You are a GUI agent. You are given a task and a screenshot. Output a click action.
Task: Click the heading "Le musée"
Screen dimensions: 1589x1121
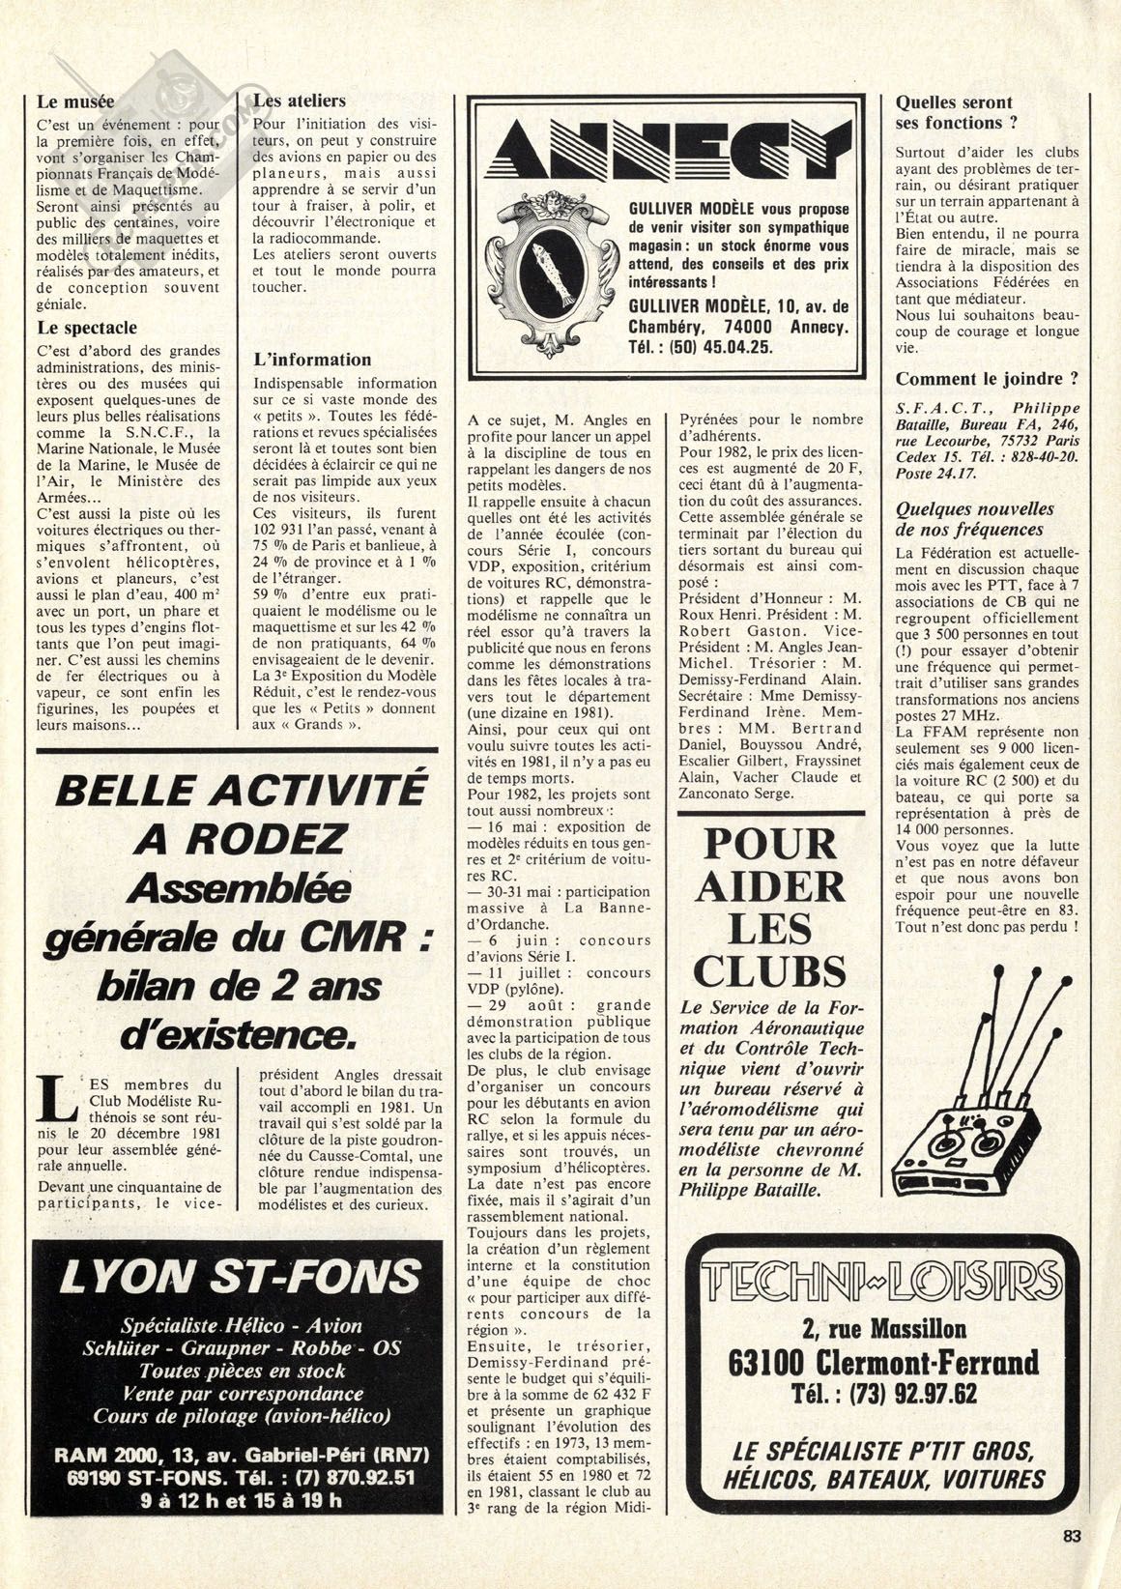pos(75,101)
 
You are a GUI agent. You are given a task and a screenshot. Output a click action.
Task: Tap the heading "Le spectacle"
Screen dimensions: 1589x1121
pos(87,328)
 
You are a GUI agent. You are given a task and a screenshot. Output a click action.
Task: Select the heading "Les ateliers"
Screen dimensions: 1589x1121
pos(299,101)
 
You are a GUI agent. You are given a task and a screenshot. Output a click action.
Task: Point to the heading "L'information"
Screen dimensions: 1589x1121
pos(311,360)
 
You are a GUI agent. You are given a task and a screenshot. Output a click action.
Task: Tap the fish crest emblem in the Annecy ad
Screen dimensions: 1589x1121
pos(547,268)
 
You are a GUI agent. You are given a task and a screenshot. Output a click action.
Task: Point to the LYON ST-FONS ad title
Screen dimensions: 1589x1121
pos(240,1277)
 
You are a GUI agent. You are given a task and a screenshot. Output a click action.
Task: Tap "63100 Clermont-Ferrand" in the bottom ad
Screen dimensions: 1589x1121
pos(884,1363)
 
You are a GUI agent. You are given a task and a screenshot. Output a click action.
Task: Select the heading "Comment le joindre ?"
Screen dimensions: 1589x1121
pos(987,379)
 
